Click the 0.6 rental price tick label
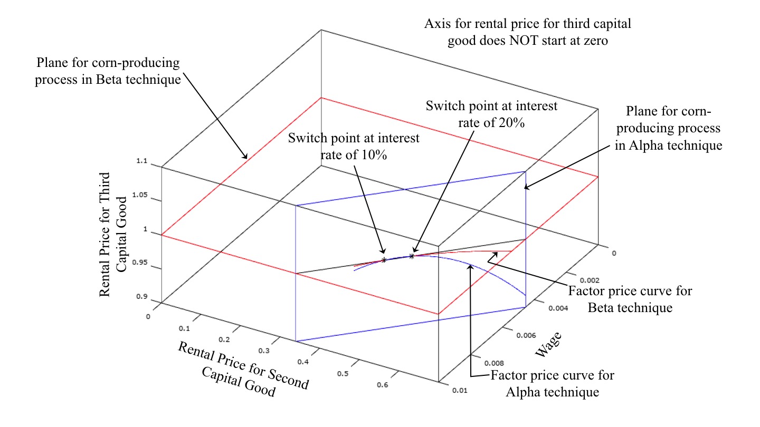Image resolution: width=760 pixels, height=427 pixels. [384, 385]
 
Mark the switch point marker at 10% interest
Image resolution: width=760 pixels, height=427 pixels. [384, 260]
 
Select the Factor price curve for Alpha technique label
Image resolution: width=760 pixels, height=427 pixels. [552, 384]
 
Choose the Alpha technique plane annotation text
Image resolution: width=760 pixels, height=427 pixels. [668, 129]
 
